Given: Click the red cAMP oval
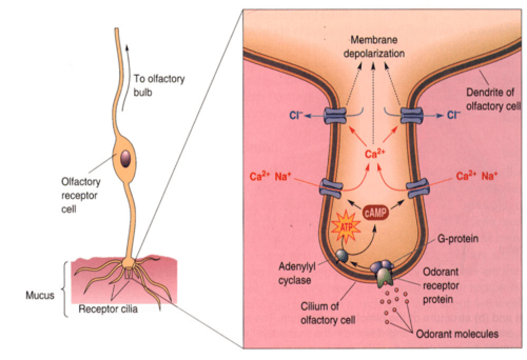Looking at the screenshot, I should pyautogui.click(x=375, y=213).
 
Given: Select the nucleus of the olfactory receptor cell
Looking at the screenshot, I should pyautogui.click(x=125, y=158).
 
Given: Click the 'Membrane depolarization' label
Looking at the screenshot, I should pyautogui.click(x=374, y=46).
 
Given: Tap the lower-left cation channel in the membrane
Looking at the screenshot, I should pyautogui.click(x=331, y=188).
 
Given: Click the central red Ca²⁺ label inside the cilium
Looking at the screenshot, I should pyautogui.click(x=375, y=154).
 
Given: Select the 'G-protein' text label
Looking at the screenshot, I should pyautogui.click(x=458, y=239).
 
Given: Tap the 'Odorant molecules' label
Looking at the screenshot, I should pyautogui.click(x=457, y=334).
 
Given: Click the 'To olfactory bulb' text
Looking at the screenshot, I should pyautogui.click(x=159, y=85).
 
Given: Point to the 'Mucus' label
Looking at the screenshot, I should pyautogui.click(x=40, y=295).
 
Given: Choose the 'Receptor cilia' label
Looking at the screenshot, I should pyautogui.click(x=108, y=309).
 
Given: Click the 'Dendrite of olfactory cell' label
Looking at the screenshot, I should pyautogui.click(x=492, y=99).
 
